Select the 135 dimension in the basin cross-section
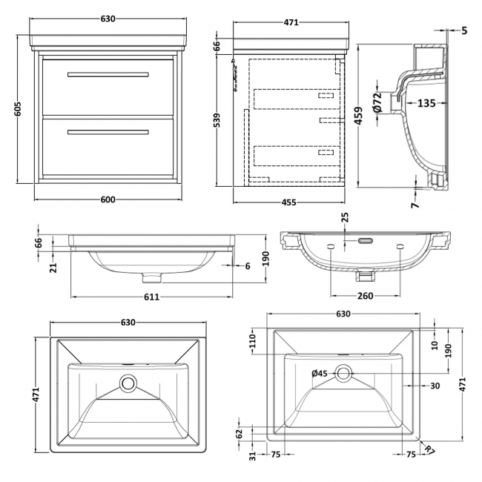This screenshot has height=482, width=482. (426, 103)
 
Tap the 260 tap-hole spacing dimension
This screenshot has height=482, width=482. (364, 296)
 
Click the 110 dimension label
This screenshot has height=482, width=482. (251, 341)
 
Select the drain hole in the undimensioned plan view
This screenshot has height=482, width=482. (129, 384)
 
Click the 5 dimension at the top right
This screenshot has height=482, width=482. (464, 30)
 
